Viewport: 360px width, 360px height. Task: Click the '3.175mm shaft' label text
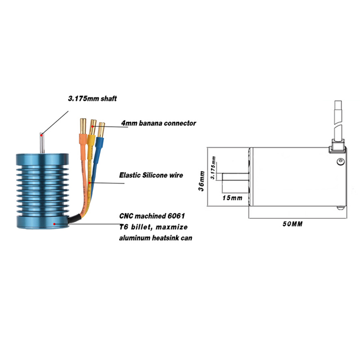click(93, 99)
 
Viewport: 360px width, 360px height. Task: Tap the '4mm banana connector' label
click(159, 123)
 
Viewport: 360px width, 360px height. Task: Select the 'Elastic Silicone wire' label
click(151, 175)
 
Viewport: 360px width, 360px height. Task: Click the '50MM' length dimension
click(292, 224)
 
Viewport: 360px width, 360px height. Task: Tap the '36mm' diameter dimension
click(202, 181)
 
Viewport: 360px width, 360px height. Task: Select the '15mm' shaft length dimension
click(232, 198)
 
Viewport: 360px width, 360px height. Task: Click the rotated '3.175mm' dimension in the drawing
click(213, 167)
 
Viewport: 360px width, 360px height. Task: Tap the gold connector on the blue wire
click(101, 130)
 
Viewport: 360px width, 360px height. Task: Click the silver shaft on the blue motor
click(42, 143)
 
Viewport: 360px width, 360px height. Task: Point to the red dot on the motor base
click(54, 224)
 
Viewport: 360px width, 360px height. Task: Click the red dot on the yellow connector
click(93, 126)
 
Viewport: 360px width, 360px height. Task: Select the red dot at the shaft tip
click(41, 135)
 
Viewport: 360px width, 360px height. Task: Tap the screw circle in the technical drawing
click(341, 162)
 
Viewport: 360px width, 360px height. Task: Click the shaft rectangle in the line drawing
click(235, 177)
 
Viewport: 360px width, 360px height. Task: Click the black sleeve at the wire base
click(74, 219)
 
